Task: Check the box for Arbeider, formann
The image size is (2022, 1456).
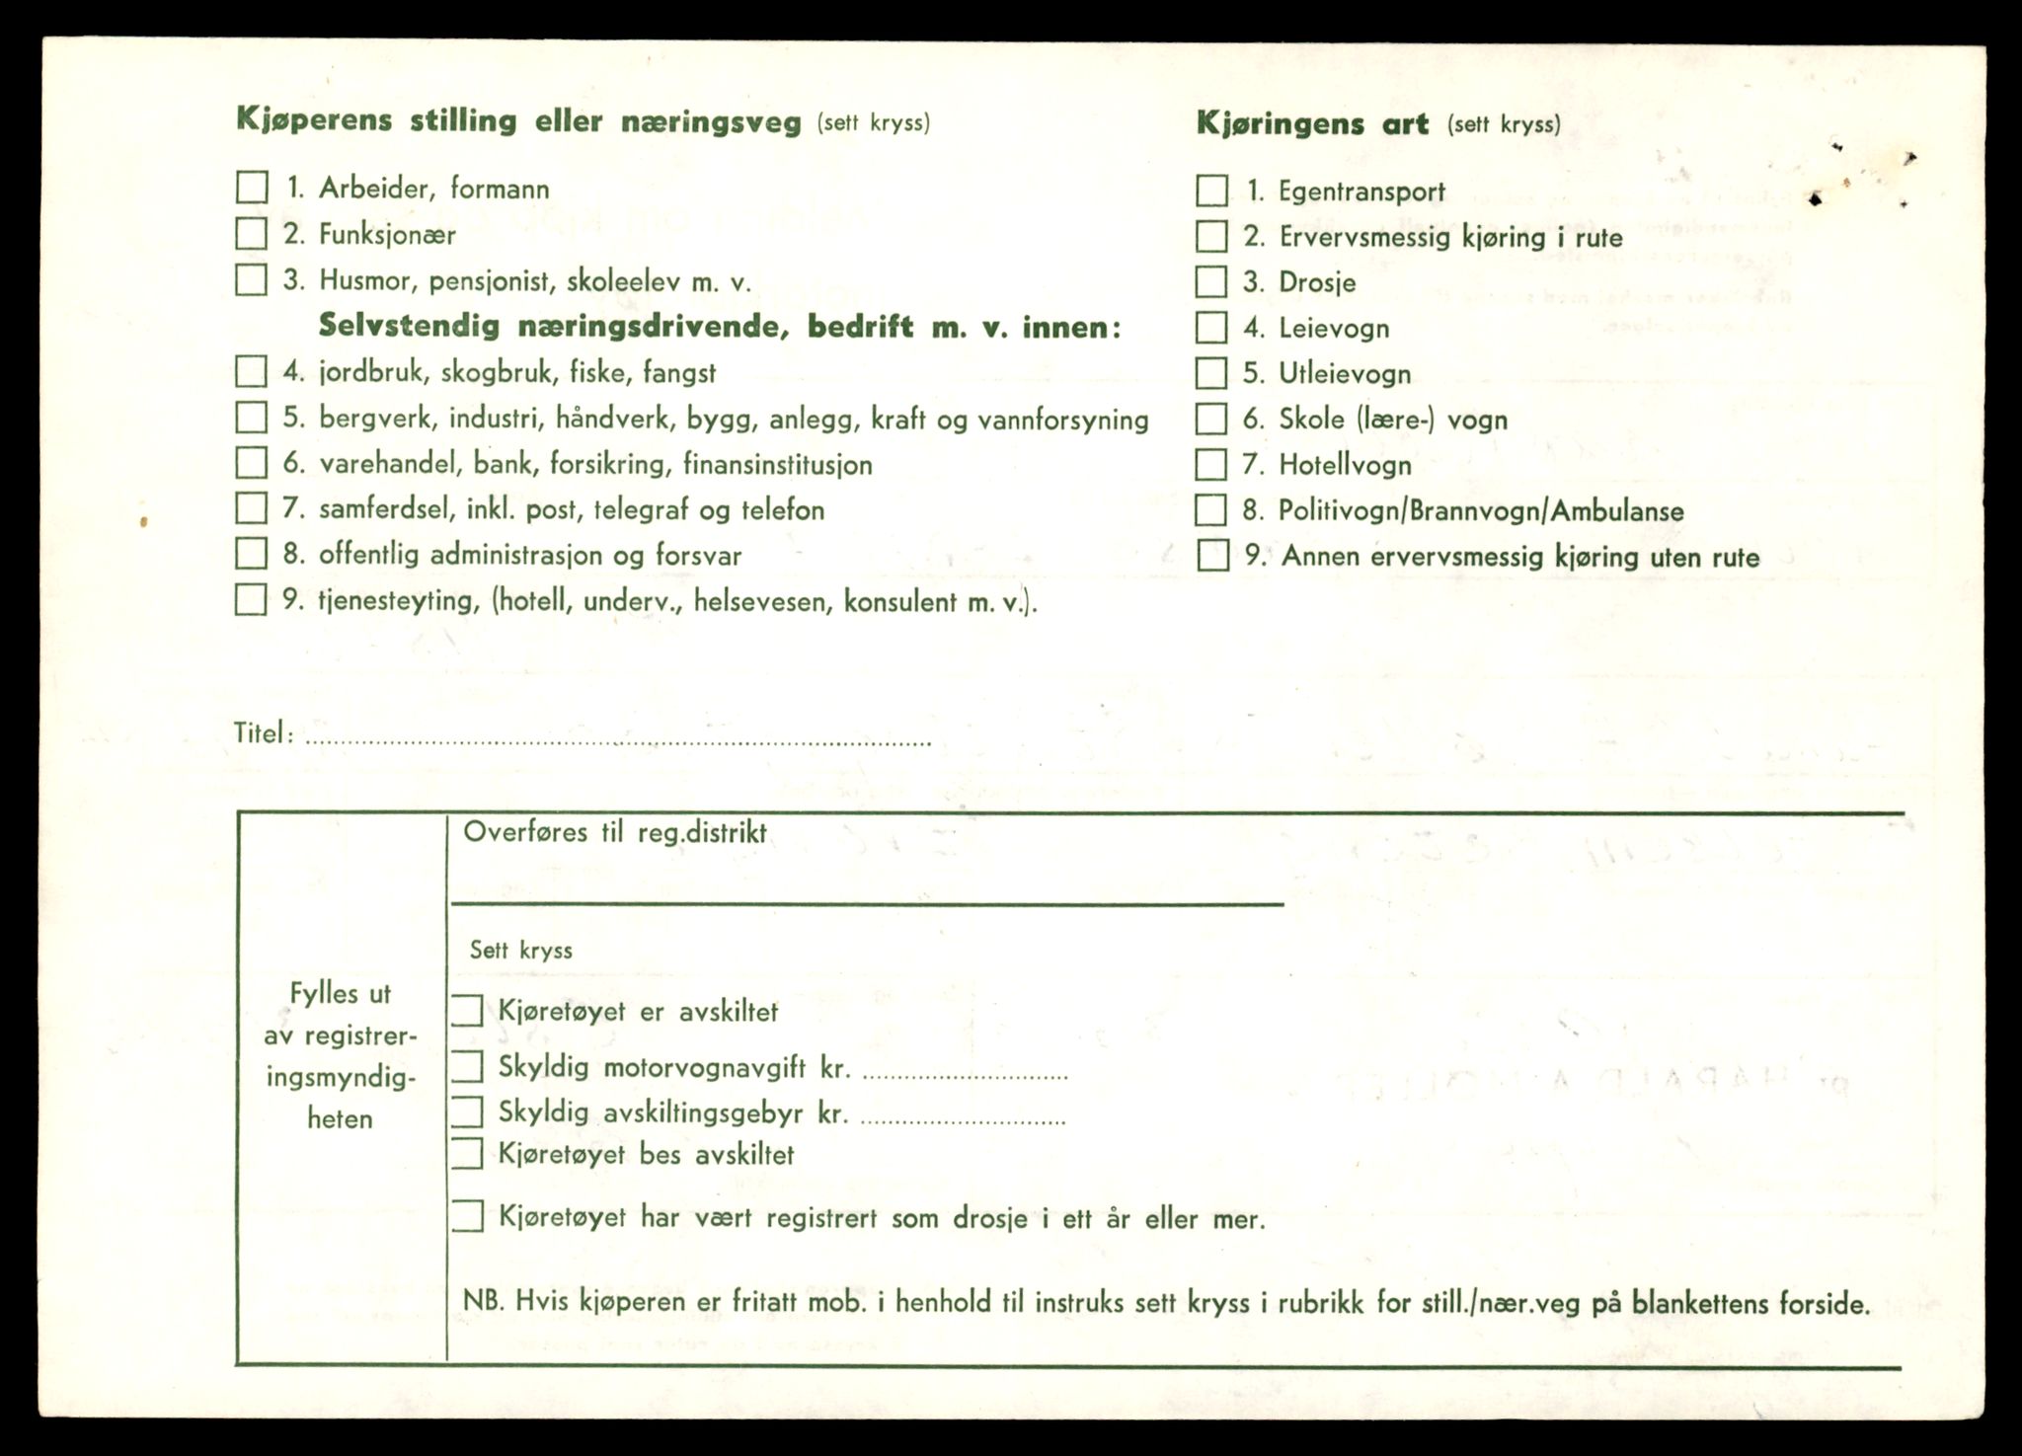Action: [x=252, y=188]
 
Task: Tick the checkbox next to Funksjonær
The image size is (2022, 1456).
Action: [x=252, y=234]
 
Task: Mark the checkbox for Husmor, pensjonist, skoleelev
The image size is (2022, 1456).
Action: [x=252, y=280]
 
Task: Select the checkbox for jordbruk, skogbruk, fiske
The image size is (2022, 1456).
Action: [x=252, y=372]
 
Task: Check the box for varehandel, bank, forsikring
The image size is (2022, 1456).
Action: [x=252, y=463]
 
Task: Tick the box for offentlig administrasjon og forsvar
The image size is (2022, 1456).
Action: [x=252, y=554]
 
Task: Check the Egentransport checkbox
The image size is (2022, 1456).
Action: [x=1211, y=191]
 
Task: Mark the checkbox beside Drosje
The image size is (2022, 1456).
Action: [x=1211, y=282]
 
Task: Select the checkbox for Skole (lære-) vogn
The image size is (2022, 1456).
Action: [x=1211, y=419]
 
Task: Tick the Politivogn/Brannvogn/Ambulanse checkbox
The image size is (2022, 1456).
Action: [x=1211, y=510]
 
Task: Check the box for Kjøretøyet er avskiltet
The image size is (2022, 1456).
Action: [x=467, y=1011]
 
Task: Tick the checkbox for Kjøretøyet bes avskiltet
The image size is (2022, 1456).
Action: [x=467, y=1154]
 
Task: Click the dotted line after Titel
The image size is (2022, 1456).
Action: [x=617, y=740]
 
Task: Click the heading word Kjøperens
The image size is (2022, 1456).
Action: [x=314, y=121]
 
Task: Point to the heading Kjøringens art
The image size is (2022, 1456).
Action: [x=1312, y=124]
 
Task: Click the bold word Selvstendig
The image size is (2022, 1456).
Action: [x=410, y=327]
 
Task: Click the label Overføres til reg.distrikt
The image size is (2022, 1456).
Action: [x=614, y=832]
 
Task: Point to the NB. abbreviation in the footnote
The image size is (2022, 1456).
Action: [x=483, y=1302]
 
